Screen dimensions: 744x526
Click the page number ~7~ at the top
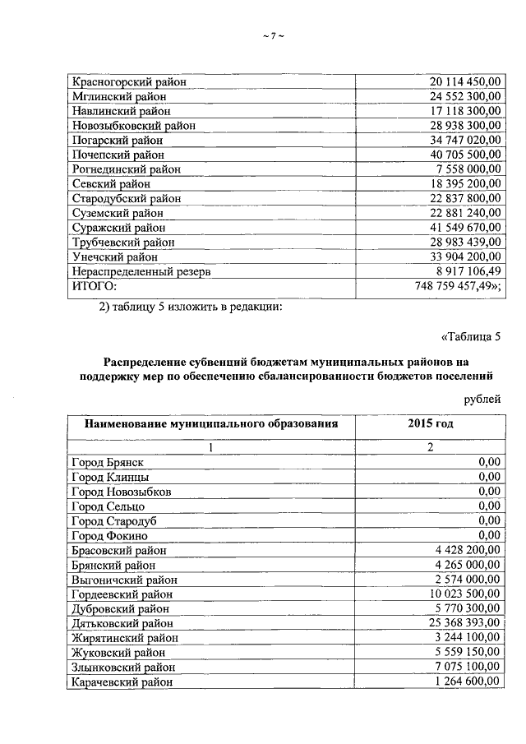click(272, 35)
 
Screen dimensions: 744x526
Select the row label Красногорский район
click(129, 81)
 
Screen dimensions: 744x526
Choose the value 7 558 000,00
click(468, 169)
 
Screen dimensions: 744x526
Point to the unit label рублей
click(481, 400)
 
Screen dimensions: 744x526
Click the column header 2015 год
click(430, 424)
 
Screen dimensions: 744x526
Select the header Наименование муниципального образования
click(210, 424)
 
